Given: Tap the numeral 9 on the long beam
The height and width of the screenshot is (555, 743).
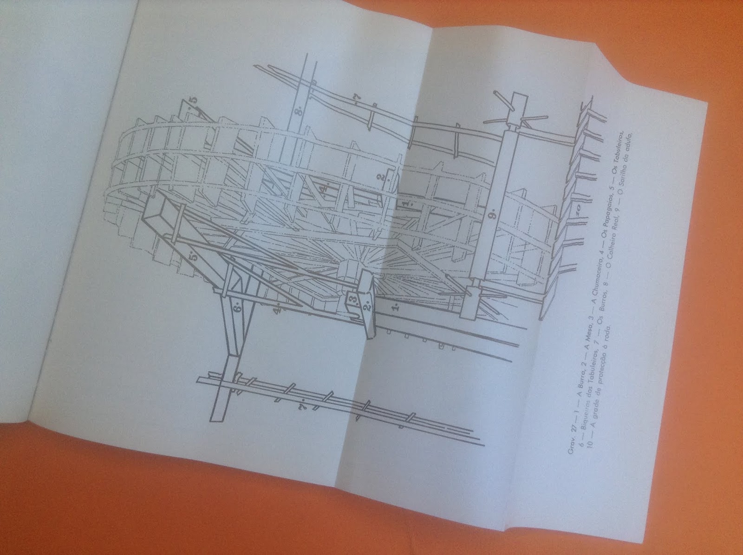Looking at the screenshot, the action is [x=492, y=214].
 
